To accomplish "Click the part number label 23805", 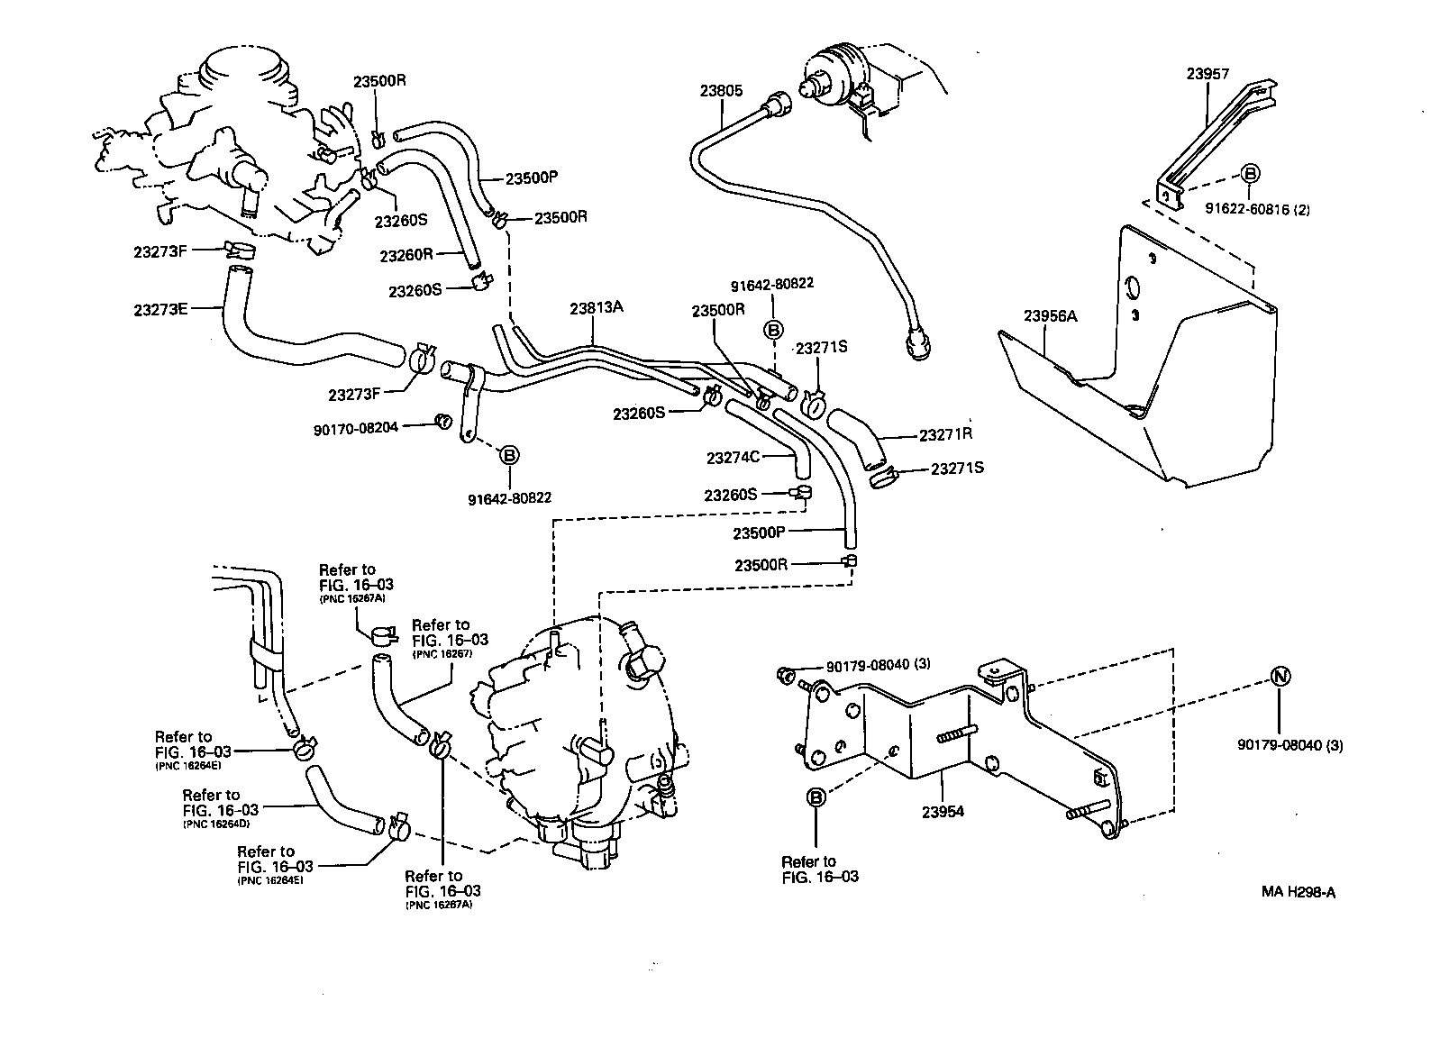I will click(721, 90).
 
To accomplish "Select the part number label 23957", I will click(1207, 75).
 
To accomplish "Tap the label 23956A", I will click(1050, 316).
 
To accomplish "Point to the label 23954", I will click(943, 812).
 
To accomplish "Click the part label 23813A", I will click(596, 307).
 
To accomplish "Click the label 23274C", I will click(734, 458).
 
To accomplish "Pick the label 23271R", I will click(946, 434).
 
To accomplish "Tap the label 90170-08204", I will click(355, 430).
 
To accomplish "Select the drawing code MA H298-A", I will click(1298, 893).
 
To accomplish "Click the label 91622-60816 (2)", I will click(1257, 209).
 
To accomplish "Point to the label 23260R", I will click(406, 255).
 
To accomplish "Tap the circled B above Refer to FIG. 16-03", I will click(816, 797).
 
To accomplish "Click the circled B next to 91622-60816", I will click(1251, 174).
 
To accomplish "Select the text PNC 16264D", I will click(219, 824).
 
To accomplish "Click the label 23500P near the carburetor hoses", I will click(532, 178).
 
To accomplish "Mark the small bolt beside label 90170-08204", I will click(442, 420).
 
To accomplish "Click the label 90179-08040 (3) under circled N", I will click(1290, 745).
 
